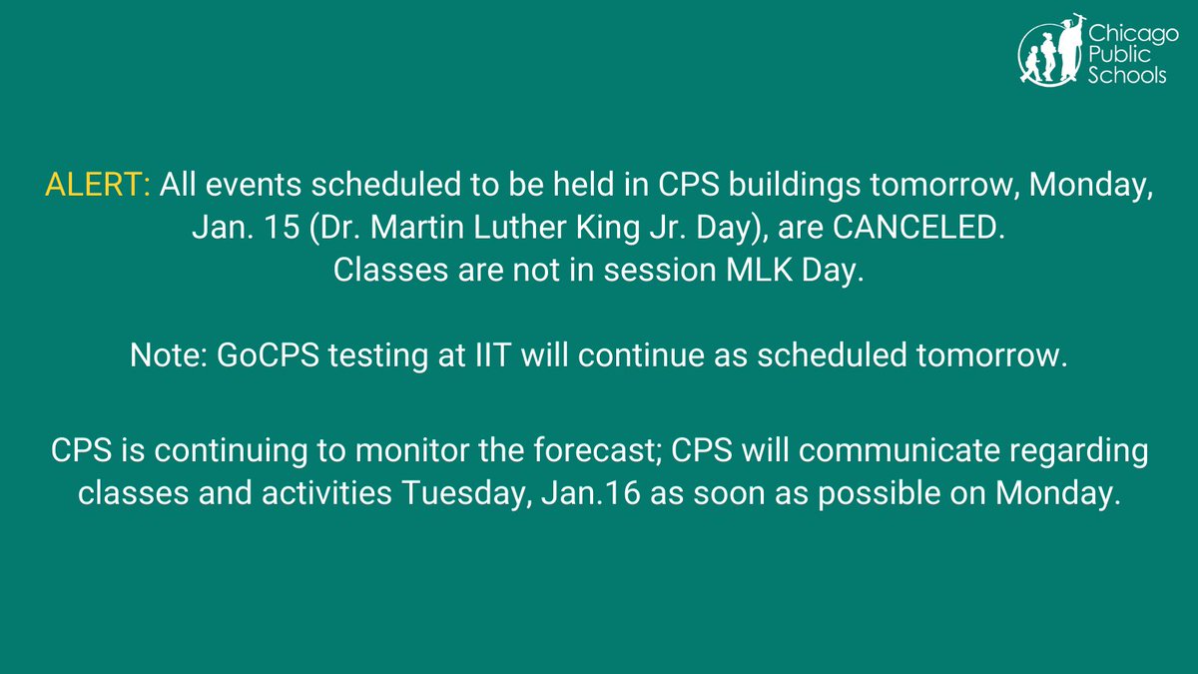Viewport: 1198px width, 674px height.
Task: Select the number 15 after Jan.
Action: point(282,227)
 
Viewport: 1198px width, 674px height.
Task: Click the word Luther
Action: point(519,227)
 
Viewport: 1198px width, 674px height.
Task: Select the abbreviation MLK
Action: point(759,270)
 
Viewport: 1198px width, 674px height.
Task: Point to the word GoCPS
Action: point(268,355)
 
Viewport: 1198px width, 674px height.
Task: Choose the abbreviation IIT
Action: point(492,355)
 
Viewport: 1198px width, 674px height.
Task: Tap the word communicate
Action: point(899,450)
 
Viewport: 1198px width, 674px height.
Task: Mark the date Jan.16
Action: point(591,493)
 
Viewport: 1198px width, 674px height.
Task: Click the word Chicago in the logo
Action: point(1133,35)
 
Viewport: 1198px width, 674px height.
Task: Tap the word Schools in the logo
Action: point(1127,76)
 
